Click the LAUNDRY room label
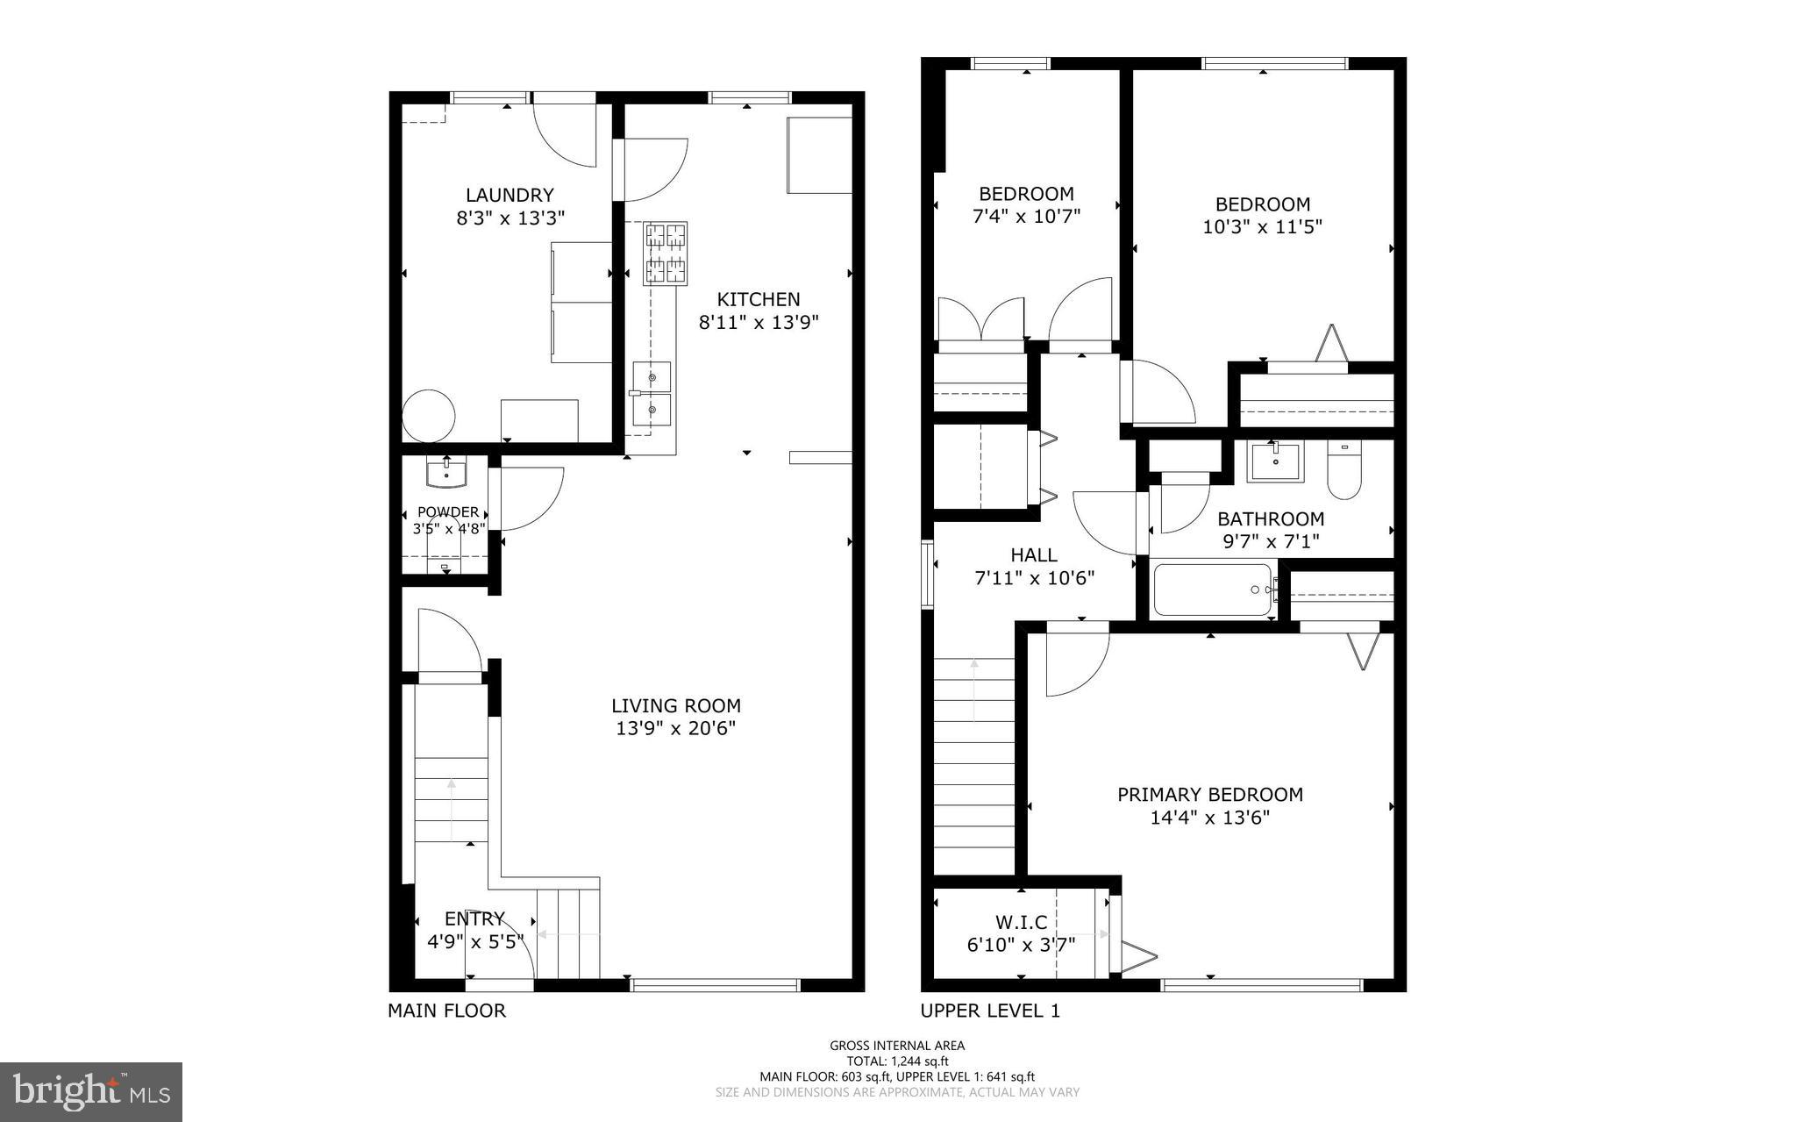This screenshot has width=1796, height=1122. click(x=510, y=195)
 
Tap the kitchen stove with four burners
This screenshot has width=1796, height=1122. click(x=665, y=254)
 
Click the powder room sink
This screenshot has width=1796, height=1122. click(x=446, y=474)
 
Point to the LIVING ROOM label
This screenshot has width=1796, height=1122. click(x=675, y=705)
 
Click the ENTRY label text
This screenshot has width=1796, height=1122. click(x=474, y=918)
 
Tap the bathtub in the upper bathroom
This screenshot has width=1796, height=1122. click(x=1213, y=590)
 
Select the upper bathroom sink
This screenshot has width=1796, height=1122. click(x=1275, y=461)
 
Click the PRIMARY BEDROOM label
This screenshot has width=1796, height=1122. click(x=1209, y=794)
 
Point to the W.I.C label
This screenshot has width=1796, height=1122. click(x=1021, y=922)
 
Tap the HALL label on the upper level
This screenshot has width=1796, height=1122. click(x=1034, y=554)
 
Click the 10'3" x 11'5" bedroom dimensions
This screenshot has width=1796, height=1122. click(x=1262, y=226)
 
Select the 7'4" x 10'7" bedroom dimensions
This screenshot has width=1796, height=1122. click(x=1026, y=216)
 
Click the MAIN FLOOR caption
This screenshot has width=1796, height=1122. click(x=446, y=1011)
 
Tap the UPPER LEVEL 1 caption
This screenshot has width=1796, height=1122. click(x=990, y=1011)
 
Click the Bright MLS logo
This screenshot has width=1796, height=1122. click(x=91, y=1091)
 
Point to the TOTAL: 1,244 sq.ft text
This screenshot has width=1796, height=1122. click(x=897, y=1061)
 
